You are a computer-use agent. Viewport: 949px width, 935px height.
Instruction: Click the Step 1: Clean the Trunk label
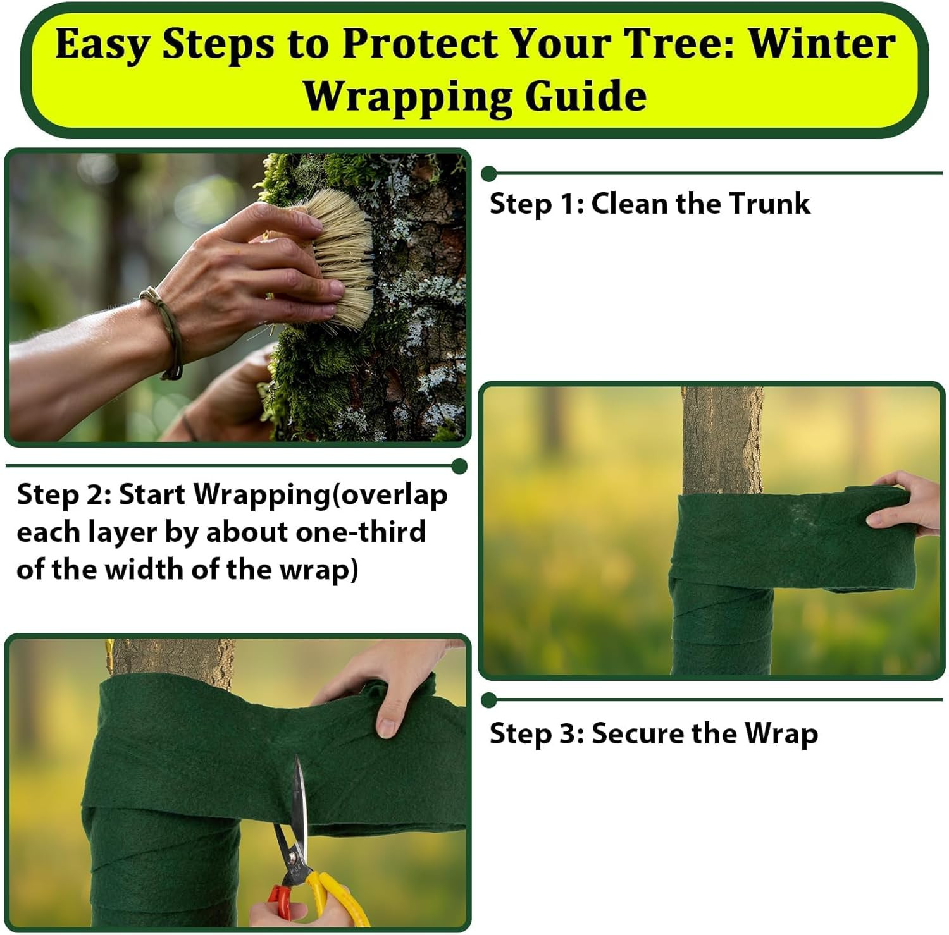[x=649, y=204]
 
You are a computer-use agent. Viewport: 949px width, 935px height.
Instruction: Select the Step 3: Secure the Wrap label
[x=653, y=734]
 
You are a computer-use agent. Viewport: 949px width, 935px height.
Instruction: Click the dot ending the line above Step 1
[x=488, y=173]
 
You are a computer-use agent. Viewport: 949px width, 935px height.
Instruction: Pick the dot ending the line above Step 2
[x=460, y=467]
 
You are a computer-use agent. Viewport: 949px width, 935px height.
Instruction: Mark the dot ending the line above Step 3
[x=488, y=700]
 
